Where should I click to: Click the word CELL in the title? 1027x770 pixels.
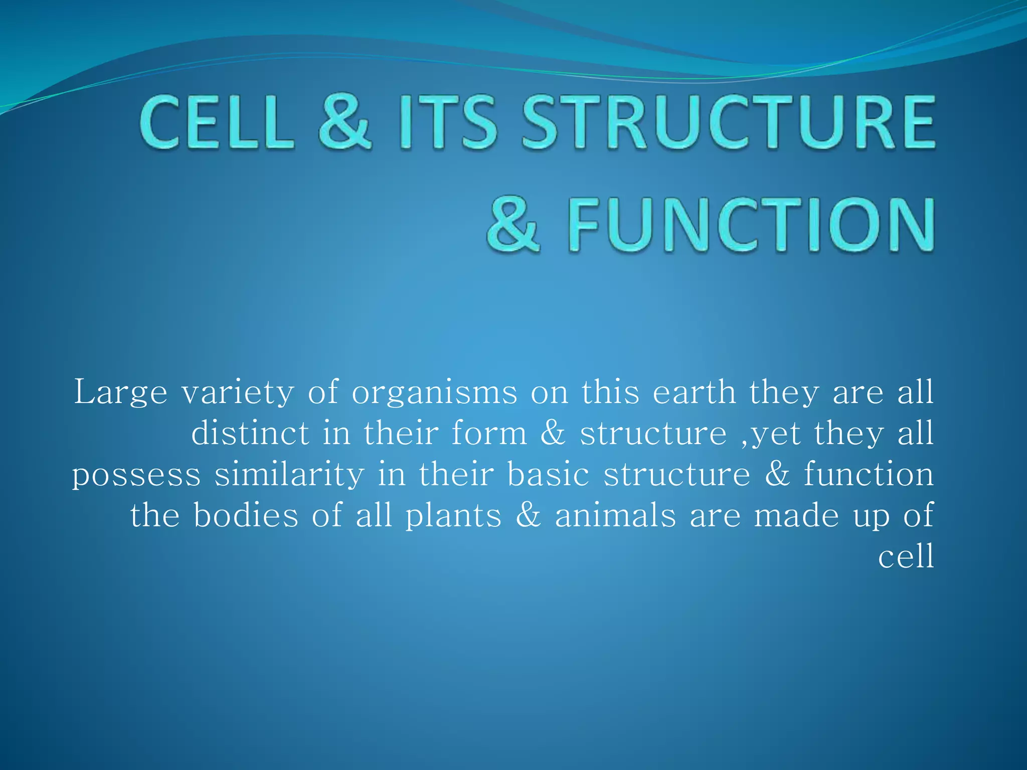point(217,123)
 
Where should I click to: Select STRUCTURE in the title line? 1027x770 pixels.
point(728,123)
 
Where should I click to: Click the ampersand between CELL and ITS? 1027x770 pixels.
point(345,123)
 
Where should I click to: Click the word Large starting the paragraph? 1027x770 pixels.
point(120,393)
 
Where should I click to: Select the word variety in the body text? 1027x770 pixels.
point(238,393)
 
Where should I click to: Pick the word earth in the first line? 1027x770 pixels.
point(694,393)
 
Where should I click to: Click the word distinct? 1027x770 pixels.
point(250,434)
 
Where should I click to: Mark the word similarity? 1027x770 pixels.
point(289,475)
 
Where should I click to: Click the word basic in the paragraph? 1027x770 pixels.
point(548,475)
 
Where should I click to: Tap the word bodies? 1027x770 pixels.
point(246,516)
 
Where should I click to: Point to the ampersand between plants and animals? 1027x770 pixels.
point(528,516)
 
